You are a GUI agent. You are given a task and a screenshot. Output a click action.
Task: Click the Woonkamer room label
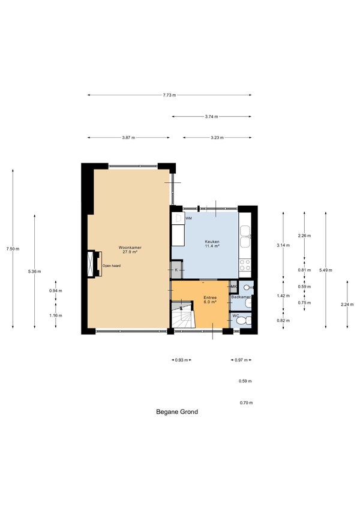pos(130,248)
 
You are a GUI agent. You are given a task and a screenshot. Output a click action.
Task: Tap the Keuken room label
pos(212,242)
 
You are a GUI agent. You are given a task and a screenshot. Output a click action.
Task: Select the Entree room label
pos(210,297)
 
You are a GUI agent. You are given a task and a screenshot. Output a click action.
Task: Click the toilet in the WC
pos(242,321)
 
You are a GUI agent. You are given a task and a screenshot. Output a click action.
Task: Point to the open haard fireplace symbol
pos(95,264)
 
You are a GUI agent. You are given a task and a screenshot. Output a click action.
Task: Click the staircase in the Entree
pos(183,315)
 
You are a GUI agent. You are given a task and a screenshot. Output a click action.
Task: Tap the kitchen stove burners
pos(245,265)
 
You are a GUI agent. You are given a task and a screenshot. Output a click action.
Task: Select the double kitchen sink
pos(245,236)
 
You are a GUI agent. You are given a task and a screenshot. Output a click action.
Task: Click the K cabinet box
pos(176,270)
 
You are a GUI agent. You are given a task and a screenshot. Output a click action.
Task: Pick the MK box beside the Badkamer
pos(233,287)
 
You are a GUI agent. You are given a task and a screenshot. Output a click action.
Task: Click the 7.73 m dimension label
pos(169,95)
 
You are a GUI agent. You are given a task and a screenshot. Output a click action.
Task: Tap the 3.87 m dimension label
pos(128,138)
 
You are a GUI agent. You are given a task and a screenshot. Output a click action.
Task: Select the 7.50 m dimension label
pos(13,249)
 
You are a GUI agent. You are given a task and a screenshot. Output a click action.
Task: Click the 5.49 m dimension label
pos(326,270)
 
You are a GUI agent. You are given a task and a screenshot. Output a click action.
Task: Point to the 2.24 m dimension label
pos(347,305)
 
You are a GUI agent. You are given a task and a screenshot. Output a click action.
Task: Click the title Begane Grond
pos(177,412)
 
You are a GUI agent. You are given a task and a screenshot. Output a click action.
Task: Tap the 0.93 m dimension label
pos(181,360)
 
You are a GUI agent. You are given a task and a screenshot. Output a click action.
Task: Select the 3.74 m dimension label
pos(212,116)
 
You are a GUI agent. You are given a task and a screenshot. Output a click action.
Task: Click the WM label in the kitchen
pos(188,218)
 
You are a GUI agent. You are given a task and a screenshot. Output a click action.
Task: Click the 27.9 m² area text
pos(130,252)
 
